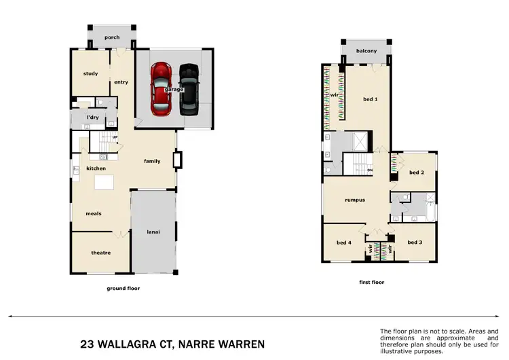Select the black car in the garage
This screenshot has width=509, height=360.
(189, 87)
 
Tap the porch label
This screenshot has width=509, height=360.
(111, 37)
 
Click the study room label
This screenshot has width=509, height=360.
(90, 73)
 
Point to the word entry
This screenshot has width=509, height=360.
(121, 82)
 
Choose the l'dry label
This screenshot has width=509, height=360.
(93, 118)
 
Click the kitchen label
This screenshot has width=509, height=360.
(96, 168)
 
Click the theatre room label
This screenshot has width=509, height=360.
(100, 253)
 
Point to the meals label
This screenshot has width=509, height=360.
(94, 213)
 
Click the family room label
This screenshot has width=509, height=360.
(152, 161)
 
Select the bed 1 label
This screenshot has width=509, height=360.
(370, 99)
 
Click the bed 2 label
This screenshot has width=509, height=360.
(417, 173)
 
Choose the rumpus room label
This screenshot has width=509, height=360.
(355, 200)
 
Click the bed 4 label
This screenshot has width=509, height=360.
(344, 242)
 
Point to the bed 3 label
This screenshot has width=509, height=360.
(415, 242)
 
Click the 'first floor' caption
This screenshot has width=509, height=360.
(372, 281)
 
